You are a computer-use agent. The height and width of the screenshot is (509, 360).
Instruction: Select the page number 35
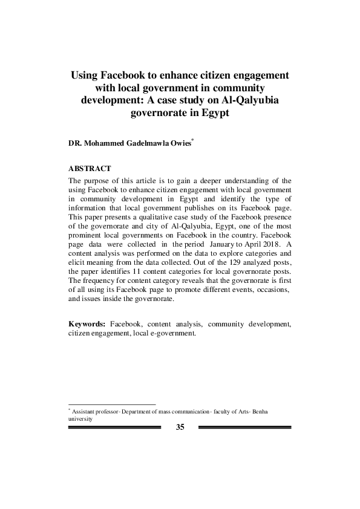tap(180, 427)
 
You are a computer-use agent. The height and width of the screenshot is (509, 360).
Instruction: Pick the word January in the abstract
tap(219, 242)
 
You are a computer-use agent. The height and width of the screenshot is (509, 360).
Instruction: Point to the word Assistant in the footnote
tap(85, 411)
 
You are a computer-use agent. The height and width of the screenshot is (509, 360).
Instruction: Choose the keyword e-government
tap(174, 334)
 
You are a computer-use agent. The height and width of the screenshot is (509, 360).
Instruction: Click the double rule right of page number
tap(244, 427)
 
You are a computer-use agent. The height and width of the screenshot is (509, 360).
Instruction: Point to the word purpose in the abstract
tap(98, 180)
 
